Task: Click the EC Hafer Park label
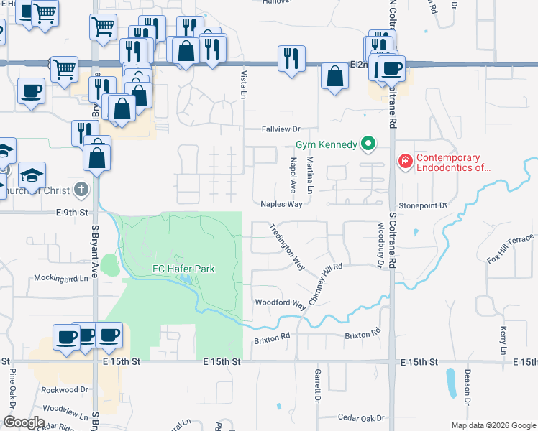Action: click(183, 269)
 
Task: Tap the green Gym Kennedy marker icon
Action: click(369, 144)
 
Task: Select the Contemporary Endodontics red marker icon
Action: click(405, 161)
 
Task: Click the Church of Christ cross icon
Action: click(81, 190)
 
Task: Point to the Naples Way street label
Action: click(281, 204)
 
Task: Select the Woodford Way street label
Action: click(281, 303)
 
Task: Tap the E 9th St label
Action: click(71, 213)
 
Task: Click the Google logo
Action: click(24, 422)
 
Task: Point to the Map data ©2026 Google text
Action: click(493, 425)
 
